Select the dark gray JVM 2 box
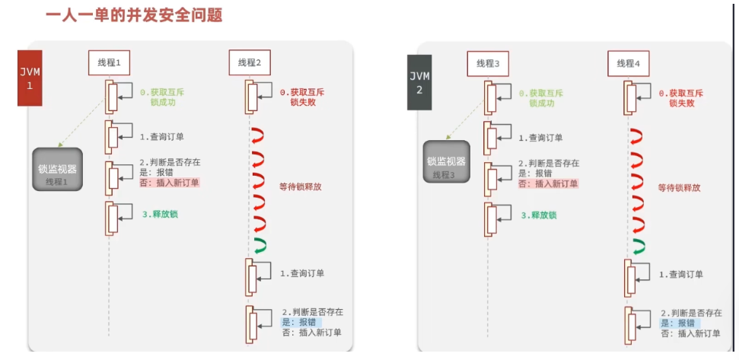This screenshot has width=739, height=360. click(419, 81)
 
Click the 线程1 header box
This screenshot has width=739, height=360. click(110, 62)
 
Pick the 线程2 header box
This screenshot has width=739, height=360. click(249, 62)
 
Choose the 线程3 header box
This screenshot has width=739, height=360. click(488, 63)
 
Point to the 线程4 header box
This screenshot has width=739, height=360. click(628, 63)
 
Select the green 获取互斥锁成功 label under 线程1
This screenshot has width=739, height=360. click(163, 97)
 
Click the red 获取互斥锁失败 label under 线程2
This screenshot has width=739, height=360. click(301, 97)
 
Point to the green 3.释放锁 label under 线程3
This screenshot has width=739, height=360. click(537, 215)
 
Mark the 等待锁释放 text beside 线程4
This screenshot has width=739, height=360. click(679, 187)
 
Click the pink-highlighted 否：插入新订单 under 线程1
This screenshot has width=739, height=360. click(169, 183)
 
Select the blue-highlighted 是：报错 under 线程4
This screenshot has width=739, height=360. click(683, 323)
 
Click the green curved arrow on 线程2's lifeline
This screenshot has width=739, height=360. click(259, 244)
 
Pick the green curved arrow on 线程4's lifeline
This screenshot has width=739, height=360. click(638, 245)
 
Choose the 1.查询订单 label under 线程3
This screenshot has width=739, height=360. click(540, 138)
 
